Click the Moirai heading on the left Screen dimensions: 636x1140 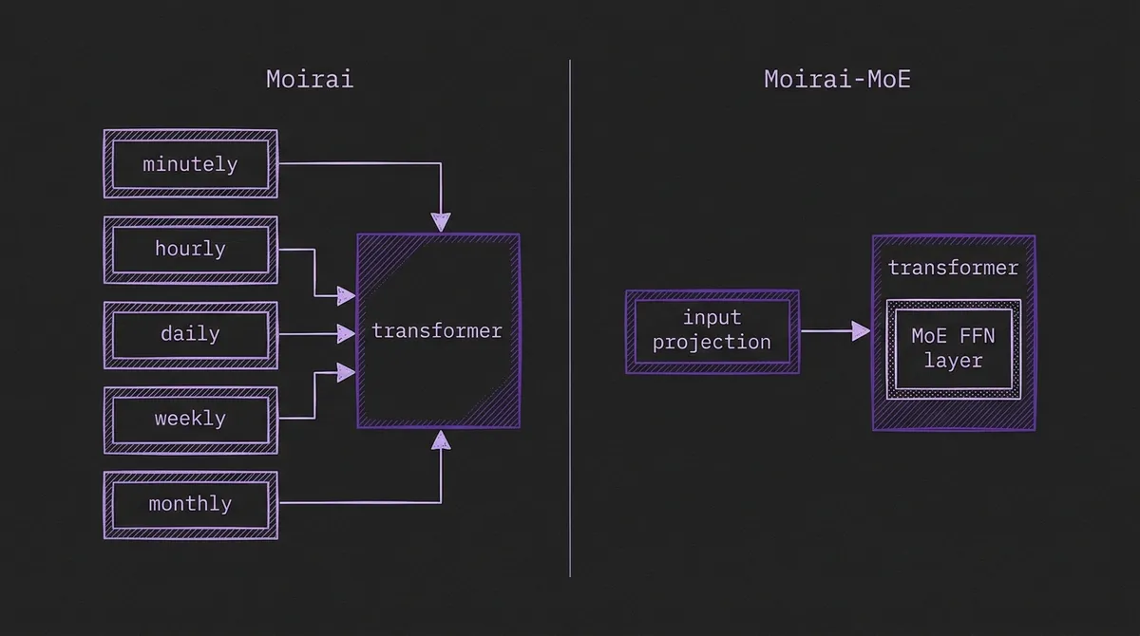tap(310, 79)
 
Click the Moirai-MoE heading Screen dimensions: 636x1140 tap(837, 79)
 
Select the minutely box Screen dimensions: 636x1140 tap(190, 164)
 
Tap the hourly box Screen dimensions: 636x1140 tap(190, 250)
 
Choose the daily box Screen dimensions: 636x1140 tap(190, 334)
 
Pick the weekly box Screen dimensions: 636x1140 tap(190, 419)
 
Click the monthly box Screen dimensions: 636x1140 tap(190, 504)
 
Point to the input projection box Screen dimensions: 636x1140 tap(712, 331)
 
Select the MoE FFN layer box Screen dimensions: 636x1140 tap(953, 348)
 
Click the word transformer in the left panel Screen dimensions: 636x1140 tap(437, 331)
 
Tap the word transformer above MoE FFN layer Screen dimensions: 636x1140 tap(953, 269)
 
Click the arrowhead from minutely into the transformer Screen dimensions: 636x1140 tap(440, 223)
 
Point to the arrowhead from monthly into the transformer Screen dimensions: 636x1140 tap(440, 439)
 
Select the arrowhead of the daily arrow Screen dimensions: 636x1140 tap(347, 334)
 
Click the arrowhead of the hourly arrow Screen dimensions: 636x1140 tap(347, 297)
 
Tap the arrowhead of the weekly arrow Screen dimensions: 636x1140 tap(347, 373)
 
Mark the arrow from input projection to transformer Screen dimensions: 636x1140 tap(834, 331)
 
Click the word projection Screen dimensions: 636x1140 tap(712, 343)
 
